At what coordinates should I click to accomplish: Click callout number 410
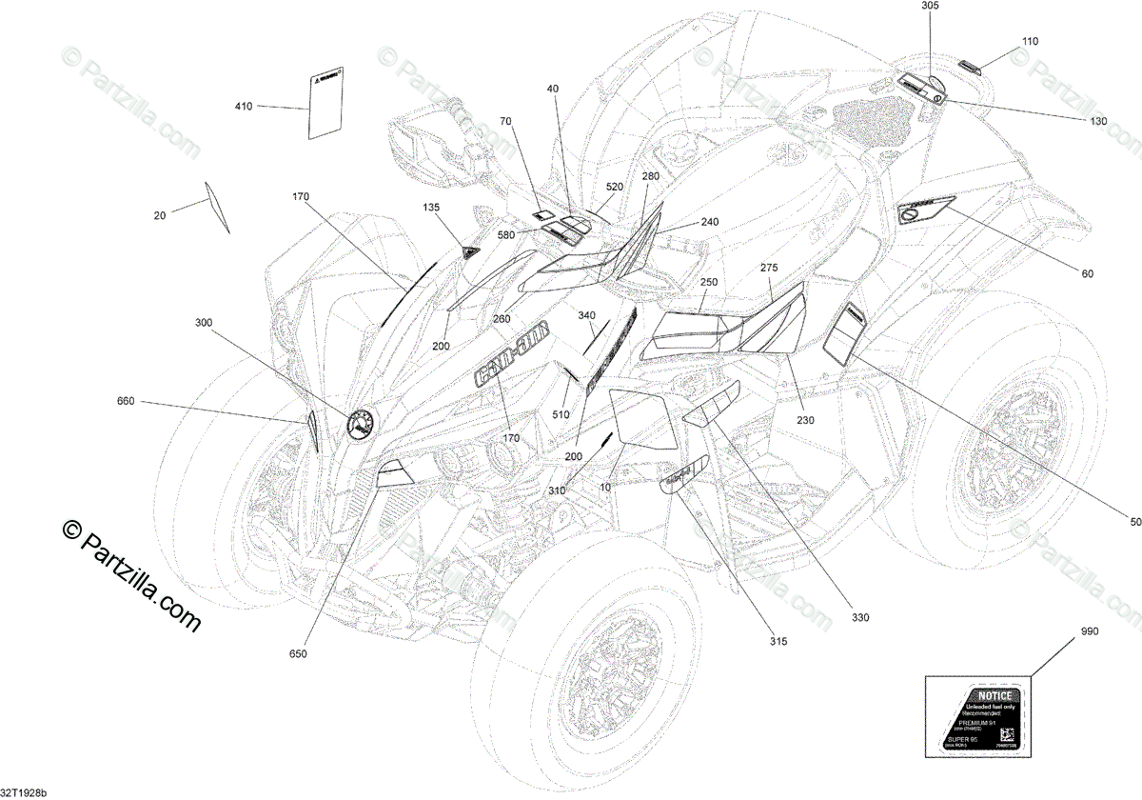coord(244,107)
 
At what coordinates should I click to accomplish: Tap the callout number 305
coord(930,6)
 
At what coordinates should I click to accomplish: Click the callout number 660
coord(126,401)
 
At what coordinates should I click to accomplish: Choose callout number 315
coord(778,642)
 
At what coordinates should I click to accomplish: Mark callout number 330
coord(860,619)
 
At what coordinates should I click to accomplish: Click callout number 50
coord(1134,521)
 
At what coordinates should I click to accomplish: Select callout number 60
coord(1087,274)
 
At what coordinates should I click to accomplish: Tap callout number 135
coord(431,207)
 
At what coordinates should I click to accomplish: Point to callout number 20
coord(159,216)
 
